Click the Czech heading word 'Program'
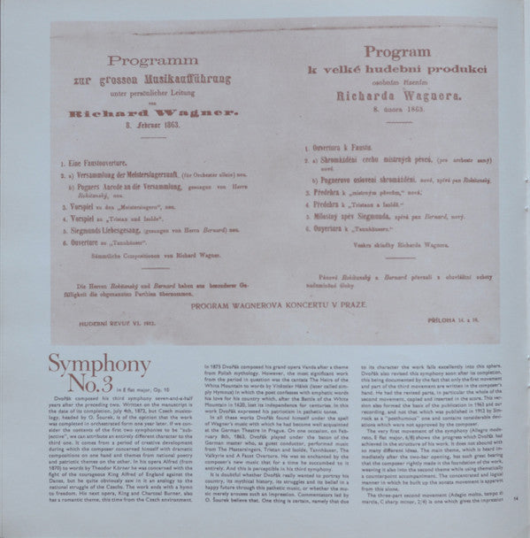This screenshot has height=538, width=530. tap(376, 53)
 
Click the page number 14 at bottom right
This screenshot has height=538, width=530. tap(517, 524)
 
